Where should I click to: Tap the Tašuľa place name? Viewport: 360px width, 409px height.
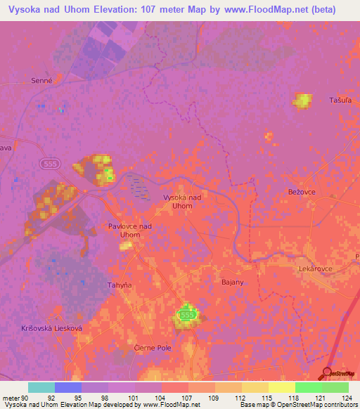tap(340, 100)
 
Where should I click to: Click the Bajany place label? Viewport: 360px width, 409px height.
tap(232, 281)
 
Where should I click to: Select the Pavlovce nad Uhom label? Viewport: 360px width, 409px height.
tap(130, 231)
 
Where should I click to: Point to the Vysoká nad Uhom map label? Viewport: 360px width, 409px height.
tap(182, 202)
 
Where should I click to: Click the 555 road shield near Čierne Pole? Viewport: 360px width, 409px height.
tap(186, 316)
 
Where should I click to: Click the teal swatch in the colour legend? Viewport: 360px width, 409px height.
tap(41, 387)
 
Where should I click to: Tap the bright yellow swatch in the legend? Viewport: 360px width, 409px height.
tap(281, 387)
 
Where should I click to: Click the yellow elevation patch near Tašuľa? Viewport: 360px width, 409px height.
tap(303, 100)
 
